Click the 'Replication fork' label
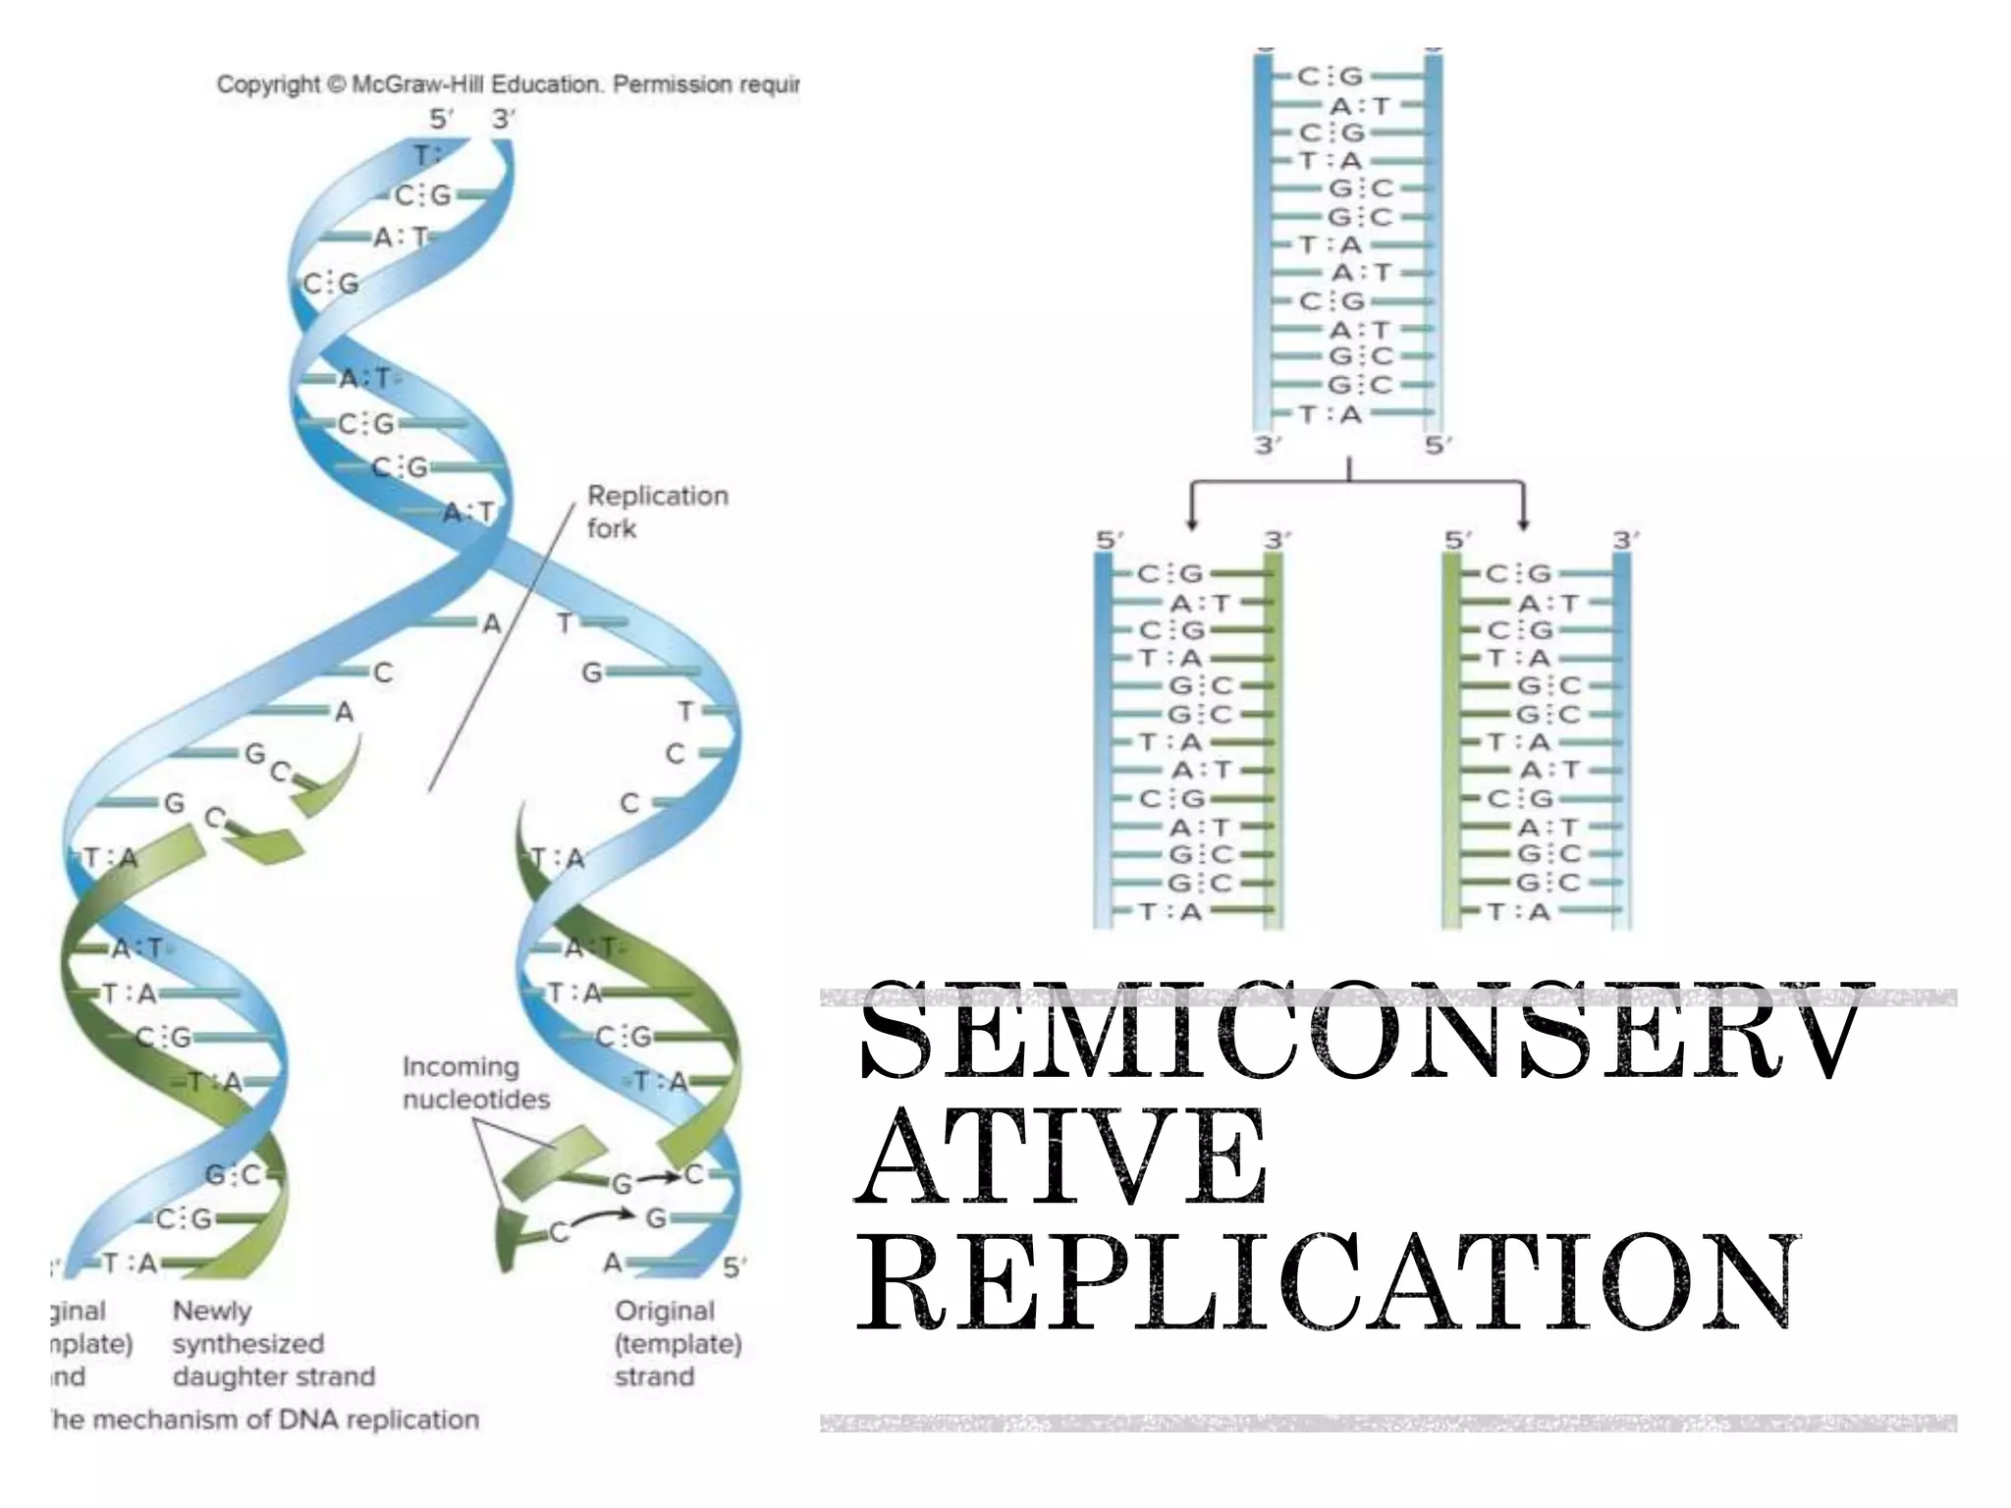[657, 512]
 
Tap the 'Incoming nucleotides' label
[475, 1083]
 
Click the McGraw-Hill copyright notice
[507, 84]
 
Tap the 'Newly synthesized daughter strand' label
[273, 1343]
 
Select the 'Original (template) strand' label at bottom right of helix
[678, 1343]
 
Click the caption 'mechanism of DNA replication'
[265, 1420]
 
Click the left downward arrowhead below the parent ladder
[1191, 521]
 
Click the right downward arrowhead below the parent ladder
[1523, 521]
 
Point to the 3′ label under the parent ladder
[1268, 446]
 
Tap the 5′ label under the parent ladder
[1439, 446]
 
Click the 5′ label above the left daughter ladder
[1110, 541]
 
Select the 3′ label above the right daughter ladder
[1625, 541]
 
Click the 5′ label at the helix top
[441, 120]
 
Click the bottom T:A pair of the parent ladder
[1331, 414]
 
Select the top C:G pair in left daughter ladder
[1170, 573]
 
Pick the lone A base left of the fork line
[491, 623]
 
